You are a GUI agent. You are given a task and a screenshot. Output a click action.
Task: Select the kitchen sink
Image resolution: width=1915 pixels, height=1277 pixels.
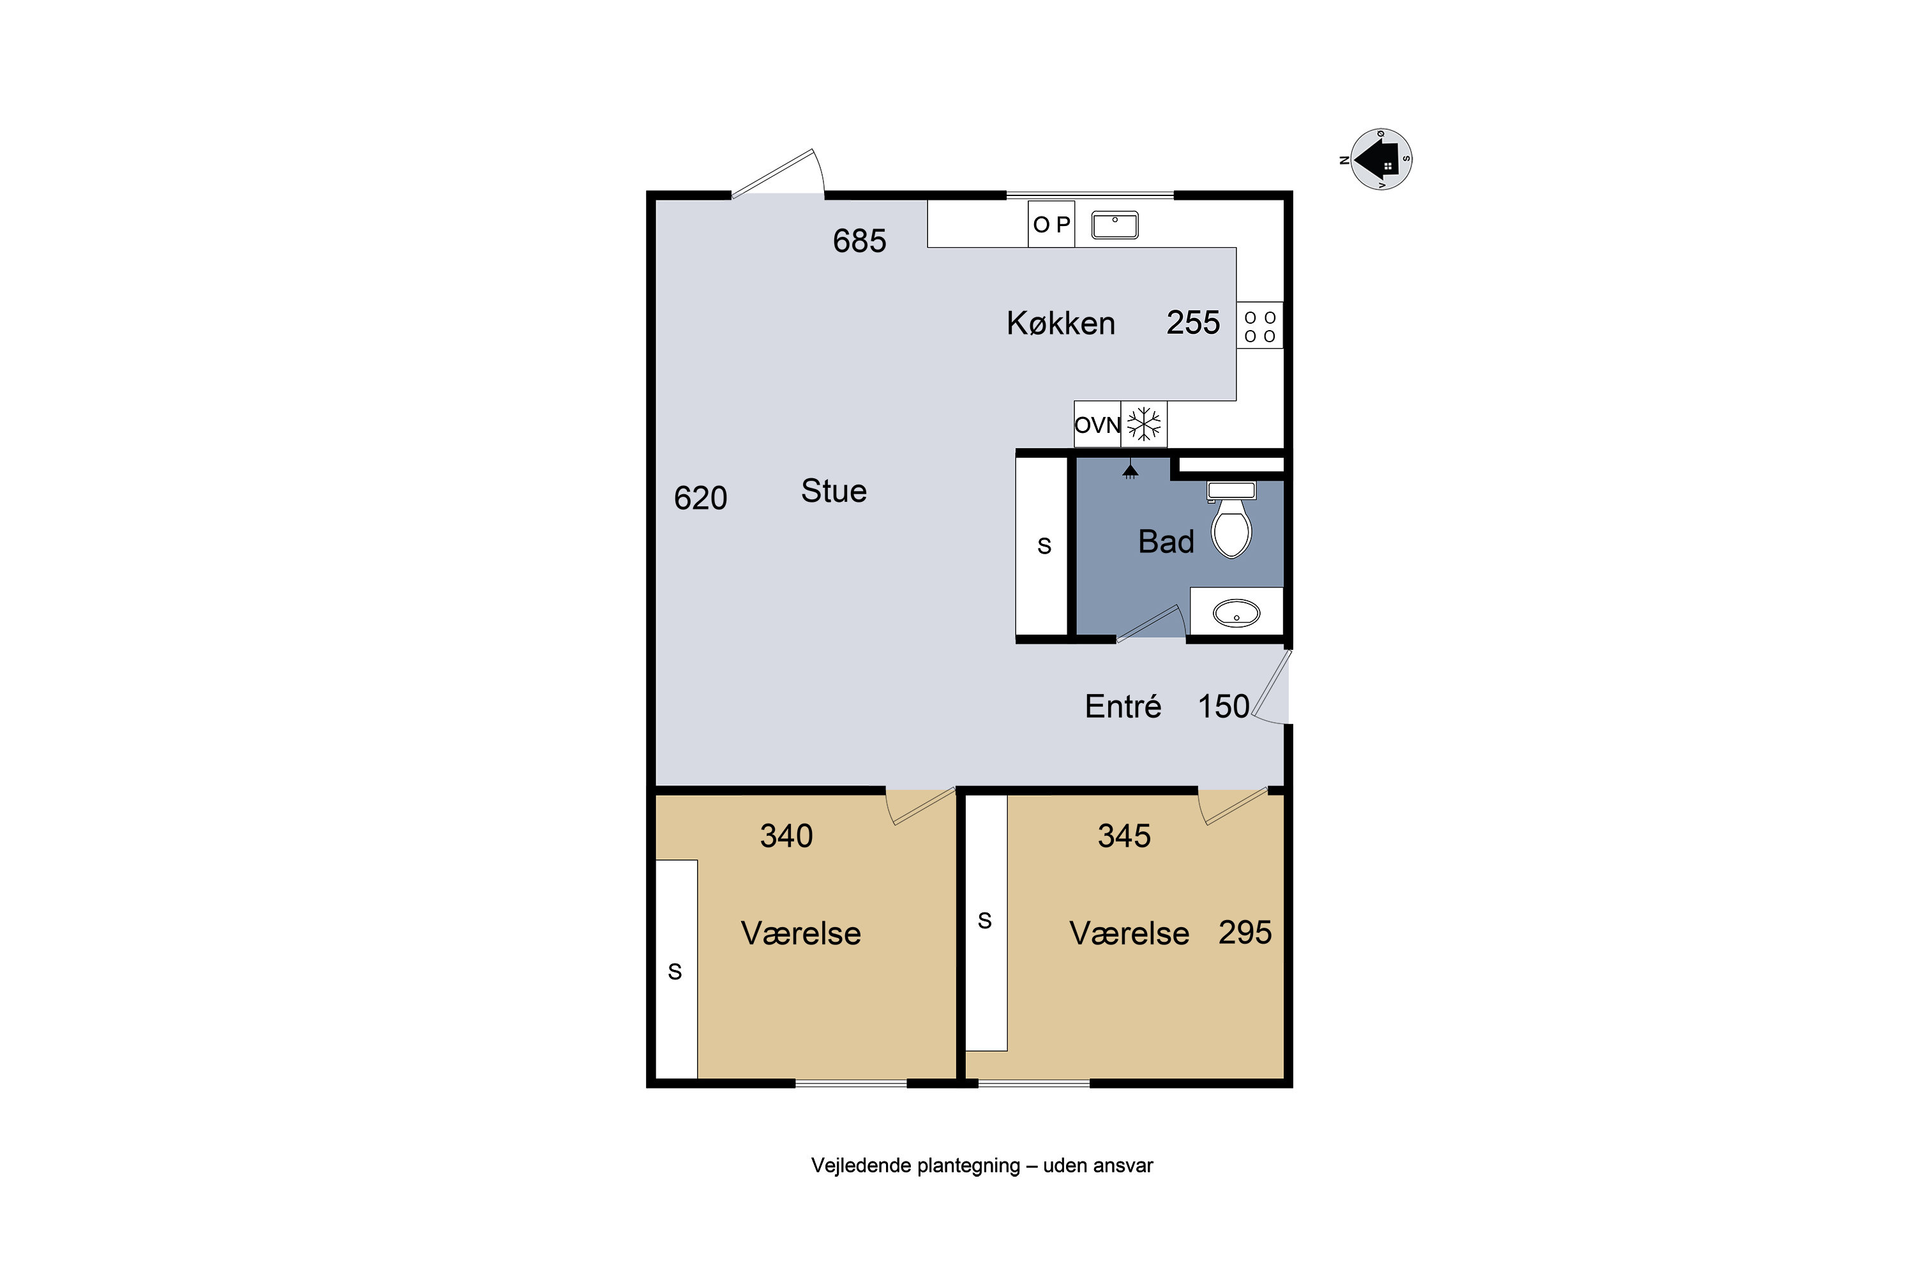pos(1115,225)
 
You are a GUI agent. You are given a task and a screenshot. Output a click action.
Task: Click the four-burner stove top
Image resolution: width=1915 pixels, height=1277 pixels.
pos(1259,326)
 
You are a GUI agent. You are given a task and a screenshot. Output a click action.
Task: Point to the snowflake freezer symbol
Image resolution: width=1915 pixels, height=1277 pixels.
pos(1144,425)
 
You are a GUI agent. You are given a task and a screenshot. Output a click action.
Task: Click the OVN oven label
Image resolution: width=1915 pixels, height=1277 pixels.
pos(1097,425)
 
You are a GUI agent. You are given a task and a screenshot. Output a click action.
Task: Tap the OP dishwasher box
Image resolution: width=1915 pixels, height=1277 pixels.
pos(1051,224)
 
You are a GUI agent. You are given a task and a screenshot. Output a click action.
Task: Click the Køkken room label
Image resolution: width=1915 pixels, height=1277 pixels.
pos(1061,323)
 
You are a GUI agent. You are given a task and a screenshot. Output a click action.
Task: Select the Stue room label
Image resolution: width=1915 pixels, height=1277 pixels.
pos(834,491)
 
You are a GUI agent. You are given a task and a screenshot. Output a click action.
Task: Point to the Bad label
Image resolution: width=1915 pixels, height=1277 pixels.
pos(1166,541)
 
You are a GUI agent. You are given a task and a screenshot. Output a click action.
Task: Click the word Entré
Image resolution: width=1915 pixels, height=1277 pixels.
pos(1123,706)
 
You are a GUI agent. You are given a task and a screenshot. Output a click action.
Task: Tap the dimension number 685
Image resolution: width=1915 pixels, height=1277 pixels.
pos(859,241)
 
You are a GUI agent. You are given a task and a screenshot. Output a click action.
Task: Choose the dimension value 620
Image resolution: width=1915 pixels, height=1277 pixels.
pos(700,497)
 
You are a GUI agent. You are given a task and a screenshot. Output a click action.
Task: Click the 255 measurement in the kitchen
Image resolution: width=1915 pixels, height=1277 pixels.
pos(1193,322)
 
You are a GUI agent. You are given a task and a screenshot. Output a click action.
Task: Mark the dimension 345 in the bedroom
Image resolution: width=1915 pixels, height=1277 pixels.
pos(1123,836)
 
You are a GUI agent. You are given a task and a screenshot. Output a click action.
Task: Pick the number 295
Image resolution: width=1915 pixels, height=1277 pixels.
pos(1245,932)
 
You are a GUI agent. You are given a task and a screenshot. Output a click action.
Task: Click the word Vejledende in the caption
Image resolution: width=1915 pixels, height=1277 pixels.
pos(861,1165)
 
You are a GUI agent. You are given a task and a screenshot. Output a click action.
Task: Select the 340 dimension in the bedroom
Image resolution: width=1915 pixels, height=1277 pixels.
pos(786,836)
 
